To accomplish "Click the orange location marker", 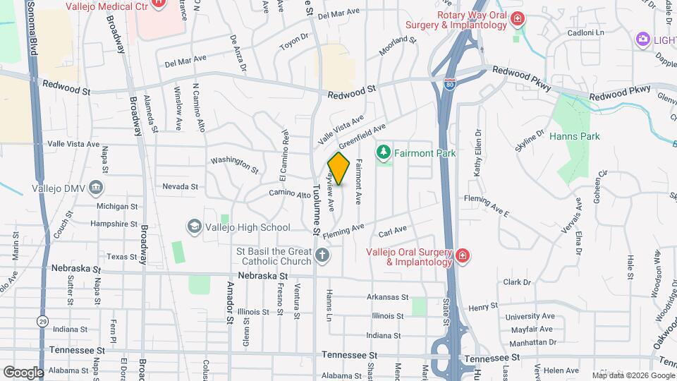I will click(339, 169).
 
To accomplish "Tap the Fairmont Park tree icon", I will click(384, 152).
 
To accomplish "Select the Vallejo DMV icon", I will click(96, 188).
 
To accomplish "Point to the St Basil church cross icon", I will click(322, 255).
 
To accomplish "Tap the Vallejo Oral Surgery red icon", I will click(462, 255).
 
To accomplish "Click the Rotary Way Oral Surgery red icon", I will click(518, 18).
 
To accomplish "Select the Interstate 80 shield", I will click(450, 84).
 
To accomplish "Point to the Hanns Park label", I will click(574, 136).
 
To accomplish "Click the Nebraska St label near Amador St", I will click(263, 275).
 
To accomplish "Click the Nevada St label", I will click(180, 187).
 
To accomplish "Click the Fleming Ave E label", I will click(487, 205).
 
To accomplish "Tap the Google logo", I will click(23, 372).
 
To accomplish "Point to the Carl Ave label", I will click(393, 231).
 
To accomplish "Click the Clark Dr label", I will click(517, 282).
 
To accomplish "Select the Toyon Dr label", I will click(294, 40).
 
